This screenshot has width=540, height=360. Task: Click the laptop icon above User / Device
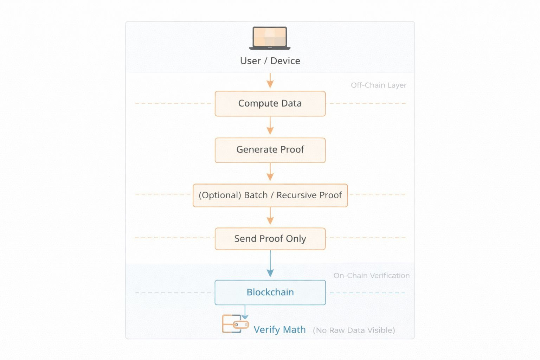click(270, 38)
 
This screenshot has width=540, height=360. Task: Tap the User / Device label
click(270, 61)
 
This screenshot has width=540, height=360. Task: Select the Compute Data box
click(270, 103)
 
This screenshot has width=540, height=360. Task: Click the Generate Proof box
click(270, 150)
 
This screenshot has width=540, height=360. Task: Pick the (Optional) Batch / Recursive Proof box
click(270, 195)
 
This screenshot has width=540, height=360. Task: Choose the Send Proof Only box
click(270, 239)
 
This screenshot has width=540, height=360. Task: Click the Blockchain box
click(270, 292)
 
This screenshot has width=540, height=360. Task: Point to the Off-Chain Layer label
click(378, 85)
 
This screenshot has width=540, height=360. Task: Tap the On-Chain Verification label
click(371, 276)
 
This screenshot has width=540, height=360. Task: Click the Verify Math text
click(279, 330)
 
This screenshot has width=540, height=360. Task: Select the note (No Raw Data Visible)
click(354, 330)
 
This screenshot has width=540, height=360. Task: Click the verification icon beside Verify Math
click(234, 324)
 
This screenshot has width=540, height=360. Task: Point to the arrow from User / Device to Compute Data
click(270, 81)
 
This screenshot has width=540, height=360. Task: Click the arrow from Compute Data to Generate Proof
click(270, 126)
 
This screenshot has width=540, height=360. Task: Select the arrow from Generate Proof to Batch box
click(270, 172)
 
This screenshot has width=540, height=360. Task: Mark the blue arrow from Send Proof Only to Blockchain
click(270, 264)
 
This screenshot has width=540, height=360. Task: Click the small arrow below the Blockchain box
click(245, 312)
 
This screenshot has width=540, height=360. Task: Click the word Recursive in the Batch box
click(296, 195)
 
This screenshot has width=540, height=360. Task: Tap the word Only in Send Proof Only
click(296, 239)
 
